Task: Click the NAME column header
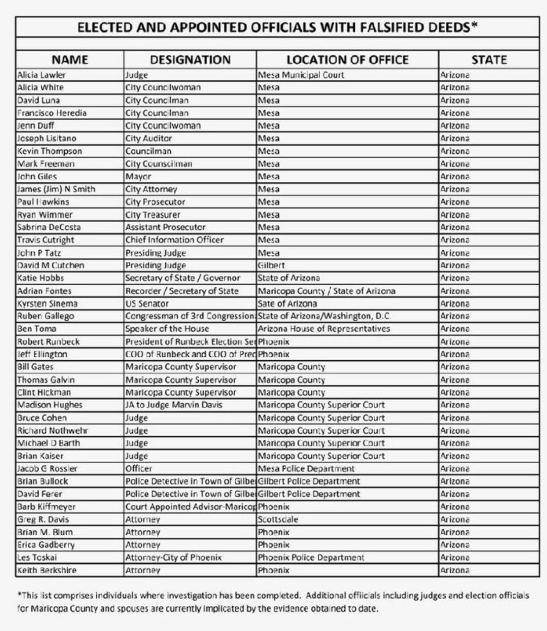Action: (69, 60)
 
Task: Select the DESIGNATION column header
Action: (190, 60)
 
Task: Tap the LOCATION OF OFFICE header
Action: (347, 60)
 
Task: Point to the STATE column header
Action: (489, 60)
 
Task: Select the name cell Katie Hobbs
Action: (40, 278)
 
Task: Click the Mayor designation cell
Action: (138, 177)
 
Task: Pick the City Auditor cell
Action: (148, 138)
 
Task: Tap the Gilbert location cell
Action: (271, 266)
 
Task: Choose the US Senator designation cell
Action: (147, 304)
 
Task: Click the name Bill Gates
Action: (35, 367)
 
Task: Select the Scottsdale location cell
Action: (278, 519)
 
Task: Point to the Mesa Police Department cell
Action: (306, 469)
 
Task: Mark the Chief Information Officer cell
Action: (175, 240)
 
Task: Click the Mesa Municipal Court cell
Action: (301, 75)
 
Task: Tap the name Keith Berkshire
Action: (46, 570)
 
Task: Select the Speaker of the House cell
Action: (167, 329)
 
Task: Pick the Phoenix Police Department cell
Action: (311, 558)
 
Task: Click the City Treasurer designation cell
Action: (152, 215)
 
